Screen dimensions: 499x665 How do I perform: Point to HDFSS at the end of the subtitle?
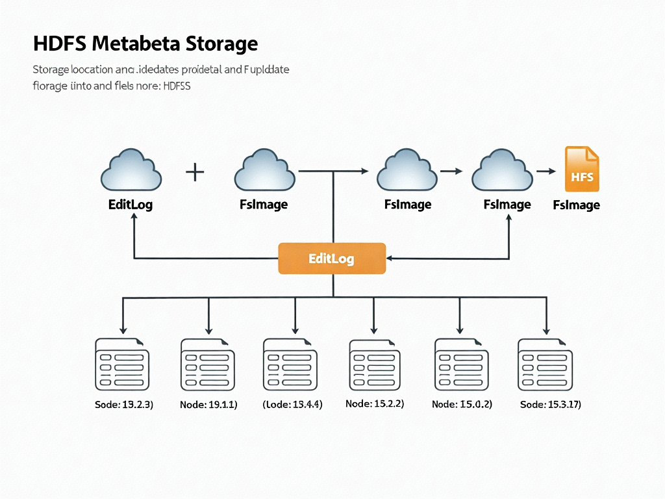177,85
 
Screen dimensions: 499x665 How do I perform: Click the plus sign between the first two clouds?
195,172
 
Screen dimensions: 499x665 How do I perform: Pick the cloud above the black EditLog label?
131,170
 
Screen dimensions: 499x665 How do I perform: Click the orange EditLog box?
332,259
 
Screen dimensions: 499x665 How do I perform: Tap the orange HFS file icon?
582,170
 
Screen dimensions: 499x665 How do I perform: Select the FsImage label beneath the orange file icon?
576,205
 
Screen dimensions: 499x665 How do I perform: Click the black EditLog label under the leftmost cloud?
131,205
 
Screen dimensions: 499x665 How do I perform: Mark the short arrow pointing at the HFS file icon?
546,172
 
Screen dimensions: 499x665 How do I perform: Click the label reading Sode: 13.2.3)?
124,405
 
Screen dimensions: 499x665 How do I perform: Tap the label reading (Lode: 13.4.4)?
292,404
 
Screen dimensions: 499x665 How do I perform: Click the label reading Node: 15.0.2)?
462,404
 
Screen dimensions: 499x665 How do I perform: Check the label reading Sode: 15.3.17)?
551,405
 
